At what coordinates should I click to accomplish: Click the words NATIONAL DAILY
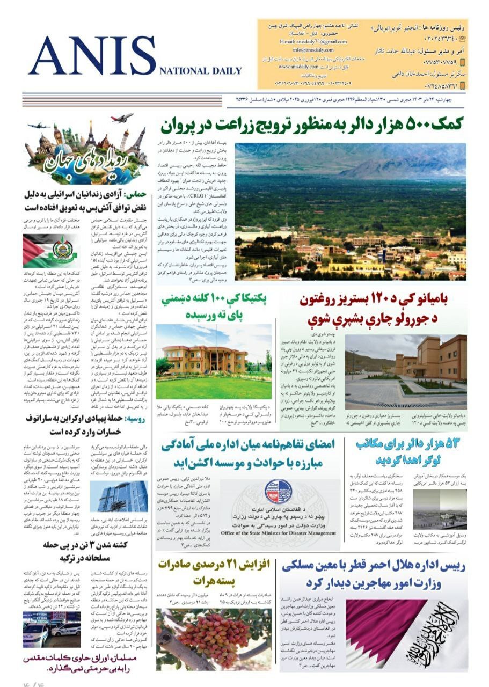(200, 71)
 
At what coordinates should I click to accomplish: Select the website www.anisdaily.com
(300, 67)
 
